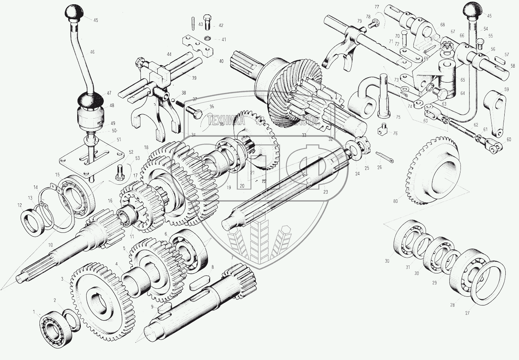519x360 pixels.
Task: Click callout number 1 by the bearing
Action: point(34,312)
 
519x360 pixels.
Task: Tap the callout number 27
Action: point(467,313)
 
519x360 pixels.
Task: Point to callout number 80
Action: point(395,201)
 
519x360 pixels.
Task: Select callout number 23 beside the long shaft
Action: point(325,192)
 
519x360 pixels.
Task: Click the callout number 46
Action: point(92,52)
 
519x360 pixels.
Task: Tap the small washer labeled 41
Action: point(208,38)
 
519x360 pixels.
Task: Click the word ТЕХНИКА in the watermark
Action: point(226,121)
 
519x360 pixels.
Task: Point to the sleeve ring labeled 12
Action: point(33,224)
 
